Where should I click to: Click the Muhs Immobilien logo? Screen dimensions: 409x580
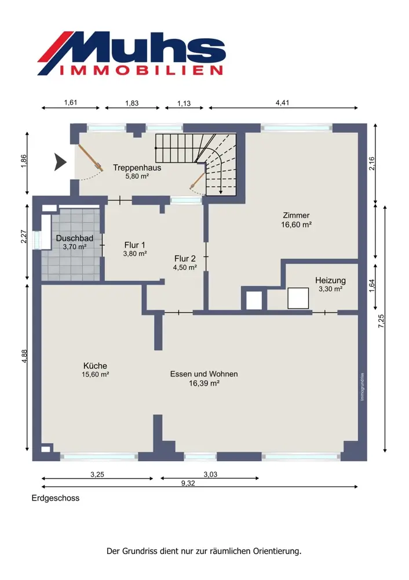pyautogui.click(x=132, y=53)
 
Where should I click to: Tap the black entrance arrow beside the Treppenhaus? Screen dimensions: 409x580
pyautogui.click(x=60, y=162)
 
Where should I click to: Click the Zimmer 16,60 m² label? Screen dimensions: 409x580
pyautogui.click(x=296, y=220)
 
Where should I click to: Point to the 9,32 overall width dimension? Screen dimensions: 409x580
pyautogui.click(x=188, y=483)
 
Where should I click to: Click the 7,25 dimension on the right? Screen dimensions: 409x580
pyautogui.click(x=381, y=321)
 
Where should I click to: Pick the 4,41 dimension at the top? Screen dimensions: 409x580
pyautogui.click(x=282, y=103)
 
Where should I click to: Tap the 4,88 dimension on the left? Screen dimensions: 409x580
pyautogui.click(x=24, y=356)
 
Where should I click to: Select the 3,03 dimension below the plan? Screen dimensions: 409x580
pyautogui.click(x=210, y=474)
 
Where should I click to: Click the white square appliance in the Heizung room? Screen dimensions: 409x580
pyautogui.click(x=298, y=298)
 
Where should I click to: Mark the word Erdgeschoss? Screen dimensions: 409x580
pyautogui.click(x=56, y=498)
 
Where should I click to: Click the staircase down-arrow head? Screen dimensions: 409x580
pyautogui.click(x=221, y=191)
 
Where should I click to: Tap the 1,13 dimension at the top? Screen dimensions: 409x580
pyautogui.click(x=184, y=103)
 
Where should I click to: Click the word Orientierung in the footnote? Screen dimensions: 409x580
pyautogui.click(x=277, y=551)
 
